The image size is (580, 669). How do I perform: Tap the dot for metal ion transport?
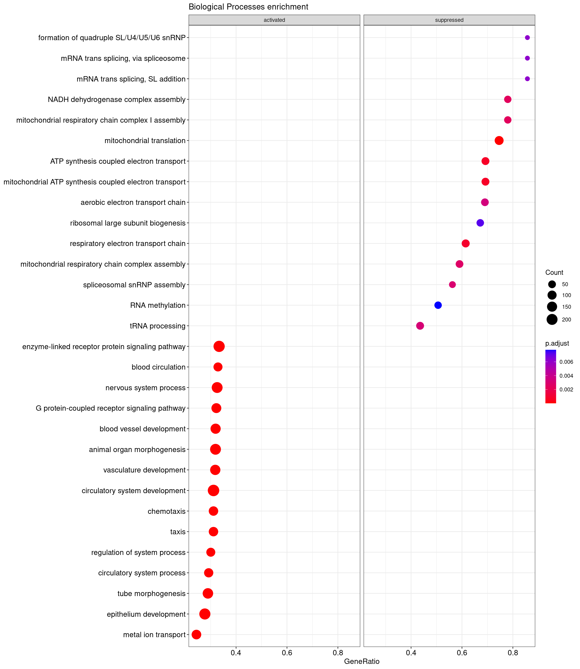point(196,634)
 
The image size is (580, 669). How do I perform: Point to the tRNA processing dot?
point(420,326)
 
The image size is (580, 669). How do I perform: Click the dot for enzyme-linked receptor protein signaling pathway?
point(219,347)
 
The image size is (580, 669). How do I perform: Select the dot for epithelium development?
point(204,614)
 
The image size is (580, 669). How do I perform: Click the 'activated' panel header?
point(274,20)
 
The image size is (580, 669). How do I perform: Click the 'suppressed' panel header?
point(449,20)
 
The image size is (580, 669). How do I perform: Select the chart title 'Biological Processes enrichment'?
point(248,7)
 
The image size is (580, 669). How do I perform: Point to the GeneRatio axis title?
point(362,661)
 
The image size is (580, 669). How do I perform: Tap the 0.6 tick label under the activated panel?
point(287,653)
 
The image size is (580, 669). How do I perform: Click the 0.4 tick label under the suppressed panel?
point(411,653)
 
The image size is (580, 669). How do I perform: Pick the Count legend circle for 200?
point(552,320)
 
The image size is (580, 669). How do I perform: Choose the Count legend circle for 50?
point(552,284)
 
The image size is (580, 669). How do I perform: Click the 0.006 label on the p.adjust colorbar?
point(566,362)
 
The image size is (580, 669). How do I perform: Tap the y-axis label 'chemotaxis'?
point(166,511)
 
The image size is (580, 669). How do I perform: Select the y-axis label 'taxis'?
point(178,532)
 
